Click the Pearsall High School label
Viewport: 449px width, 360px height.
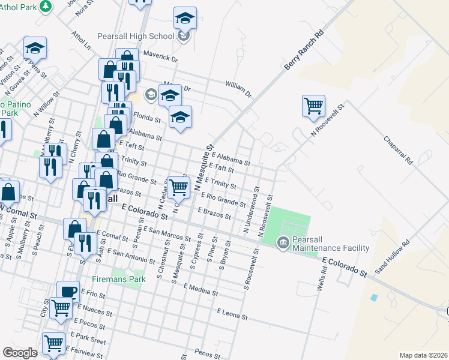(137, 36)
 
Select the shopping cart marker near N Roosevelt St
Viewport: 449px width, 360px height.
(314, 106)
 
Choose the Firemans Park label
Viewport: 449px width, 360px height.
(119, 279)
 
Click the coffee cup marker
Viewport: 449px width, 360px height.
(68, 291)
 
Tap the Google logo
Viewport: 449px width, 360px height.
(20, 353)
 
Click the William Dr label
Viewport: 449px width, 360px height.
(238, 89)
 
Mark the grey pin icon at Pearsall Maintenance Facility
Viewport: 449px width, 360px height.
(282, 243)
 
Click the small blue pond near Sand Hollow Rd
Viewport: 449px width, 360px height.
(375, 298)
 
